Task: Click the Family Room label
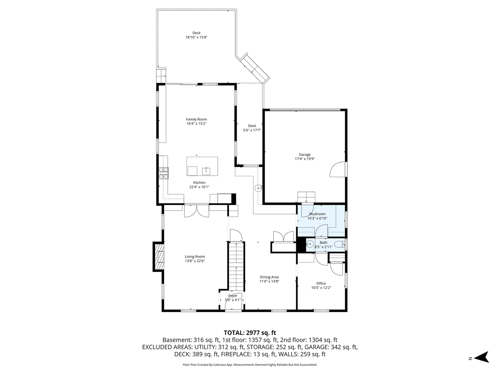[x=196, y=119]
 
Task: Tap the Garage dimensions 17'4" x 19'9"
[x=305, y=159]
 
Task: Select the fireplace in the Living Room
[x=159, y=257]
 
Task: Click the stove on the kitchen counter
[x=163, y=172]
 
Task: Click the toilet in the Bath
[x=339, y=244]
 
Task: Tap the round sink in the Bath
[x=310, y=245]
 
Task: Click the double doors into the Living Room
[x=196, y=211]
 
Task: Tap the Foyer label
[x=232, y=295]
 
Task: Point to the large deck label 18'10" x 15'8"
[x=196, y=37]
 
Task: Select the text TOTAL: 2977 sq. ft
[x=250, y=332]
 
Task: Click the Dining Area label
[x=269, y=277]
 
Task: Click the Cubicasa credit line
[x=250, y=365]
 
